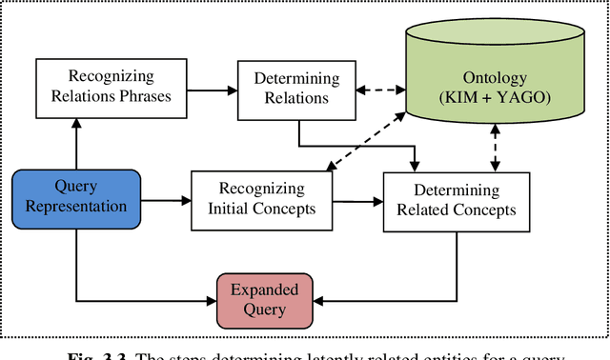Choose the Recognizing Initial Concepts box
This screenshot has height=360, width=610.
click(x=261, y=199)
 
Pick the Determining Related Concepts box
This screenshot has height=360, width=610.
click(x=457, y=200)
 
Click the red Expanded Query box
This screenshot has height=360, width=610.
click(x=265, y=299)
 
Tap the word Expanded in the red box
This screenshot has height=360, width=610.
click(x=265, y=290)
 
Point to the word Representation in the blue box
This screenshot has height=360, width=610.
click(x=75, y=208)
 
